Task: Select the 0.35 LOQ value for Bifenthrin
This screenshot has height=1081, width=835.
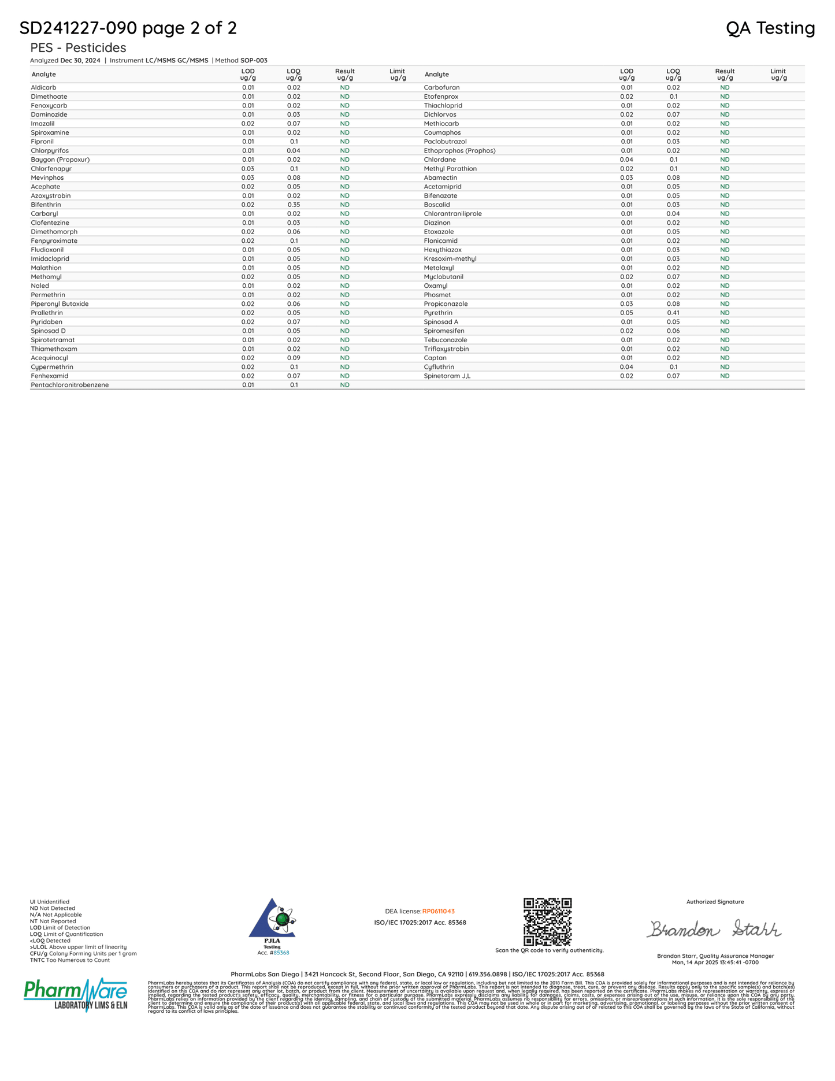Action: pyautogui.click(x=294, y=205)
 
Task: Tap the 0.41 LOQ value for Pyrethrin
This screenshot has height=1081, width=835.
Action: pyautogui.click(x=673, y=313)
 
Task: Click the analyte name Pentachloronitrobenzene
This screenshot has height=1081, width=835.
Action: pyautogui.click(x=69, y=385)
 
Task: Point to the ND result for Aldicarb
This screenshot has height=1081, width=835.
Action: pyautogui.click(x=344, y=88)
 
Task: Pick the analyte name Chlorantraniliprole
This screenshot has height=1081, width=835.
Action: pyautogui.click(x=452, y=214)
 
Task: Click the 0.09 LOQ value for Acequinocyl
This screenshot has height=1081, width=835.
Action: pyautogui.click(x=294, y=358)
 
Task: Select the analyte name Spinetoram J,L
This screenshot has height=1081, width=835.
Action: pyautogui.click(x=447, y=376)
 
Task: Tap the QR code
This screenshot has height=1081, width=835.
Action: pyautogui.click(x=547, y=921)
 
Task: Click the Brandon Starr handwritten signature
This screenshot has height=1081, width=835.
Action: pyautogui.click(x=714, y=929)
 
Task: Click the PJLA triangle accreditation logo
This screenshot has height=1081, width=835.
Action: pyautogui.click(x=272, y=919)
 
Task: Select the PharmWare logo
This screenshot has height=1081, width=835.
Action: pyautogui.click(x=75, y=994)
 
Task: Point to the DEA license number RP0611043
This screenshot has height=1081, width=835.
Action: pyautogui.click(x=438, y=912)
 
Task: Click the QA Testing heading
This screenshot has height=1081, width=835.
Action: pyautogui.click(x=770, y=28)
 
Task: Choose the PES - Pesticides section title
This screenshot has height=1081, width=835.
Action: pyautogui.click(x=78, y=47)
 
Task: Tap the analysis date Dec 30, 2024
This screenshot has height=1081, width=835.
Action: pyautogui.click(x=80, y=61)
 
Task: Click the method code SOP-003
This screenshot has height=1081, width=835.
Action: pyautogui.click(x=254, y=61)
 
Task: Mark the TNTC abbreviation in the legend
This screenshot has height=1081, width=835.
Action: pyautogui.click(x=38, y=960)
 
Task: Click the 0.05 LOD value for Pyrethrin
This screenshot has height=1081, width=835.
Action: pyautogui.click(x=626, y=313)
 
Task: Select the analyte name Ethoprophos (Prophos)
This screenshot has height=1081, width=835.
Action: pyautogui.click(x=459, y=151)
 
